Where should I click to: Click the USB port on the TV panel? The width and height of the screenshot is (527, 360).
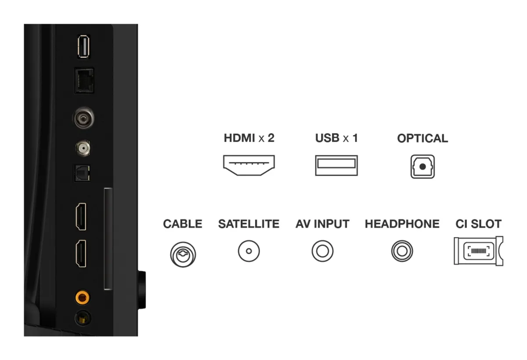(x=83, y=47)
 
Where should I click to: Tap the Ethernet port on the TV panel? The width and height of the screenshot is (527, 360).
(x=84, y=80)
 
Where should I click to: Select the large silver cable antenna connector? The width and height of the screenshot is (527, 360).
(x=83, y=118)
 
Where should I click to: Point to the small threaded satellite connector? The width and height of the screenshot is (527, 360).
(x=83, y=148)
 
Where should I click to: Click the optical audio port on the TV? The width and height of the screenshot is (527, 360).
(x=82, y=173)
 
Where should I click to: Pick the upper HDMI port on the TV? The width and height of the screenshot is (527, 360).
(x=81, y=216)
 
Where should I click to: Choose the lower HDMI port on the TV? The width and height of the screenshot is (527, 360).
(x=81, y=253)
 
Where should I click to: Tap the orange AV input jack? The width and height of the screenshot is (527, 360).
(x=82, y=297)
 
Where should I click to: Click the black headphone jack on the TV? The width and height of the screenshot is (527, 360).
(x=83, y=318)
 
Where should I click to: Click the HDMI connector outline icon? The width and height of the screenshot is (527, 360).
(x=249, y=165)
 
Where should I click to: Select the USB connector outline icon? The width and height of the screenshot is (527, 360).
(x=336, y=166)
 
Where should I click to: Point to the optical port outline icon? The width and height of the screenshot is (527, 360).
(x=422, y=166)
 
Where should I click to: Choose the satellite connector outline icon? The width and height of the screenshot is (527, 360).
(x=249, y=251)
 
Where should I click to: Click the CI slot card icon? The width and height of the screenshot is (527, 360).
(x=479, y=251)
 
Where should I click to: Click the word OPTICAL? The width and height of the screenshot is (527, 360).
(x=422, y=138)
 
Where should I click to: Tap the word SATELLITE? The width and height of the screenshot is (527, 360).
(x=249, y=224)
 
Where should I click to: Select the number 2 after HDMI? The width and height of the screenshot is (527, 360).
(x=271, y=138)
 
